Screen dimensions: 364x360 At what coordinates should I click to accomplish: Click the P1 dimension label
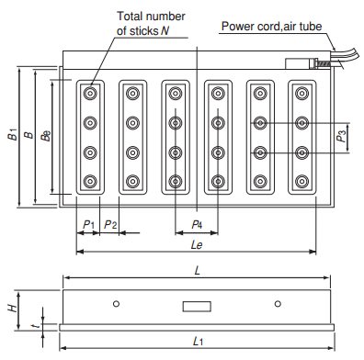point(88,225)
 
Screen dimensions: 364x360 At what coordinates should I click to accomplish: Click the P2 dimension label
point(110,225)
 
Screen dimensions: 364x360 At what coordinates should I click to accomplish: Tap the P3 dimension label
point(341,137)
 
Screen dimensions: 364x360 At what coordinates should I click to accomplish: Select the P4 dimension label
point(197,225)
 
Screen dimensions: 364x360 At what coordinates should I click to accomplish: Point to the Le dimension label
point(197,245)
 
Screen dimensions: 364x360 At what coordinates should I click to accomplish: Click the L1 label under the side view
point(198,341)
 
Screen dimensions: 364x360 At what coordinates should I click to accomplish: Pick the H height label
point(13,308)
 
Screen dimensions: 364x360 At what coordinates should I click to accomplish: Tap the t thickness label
point(37,326)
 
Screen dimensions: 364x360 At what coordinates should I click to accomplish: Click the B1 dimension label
point(13,135)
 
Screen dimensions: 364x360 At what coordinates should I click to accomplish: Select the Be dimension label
point(46,136)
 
